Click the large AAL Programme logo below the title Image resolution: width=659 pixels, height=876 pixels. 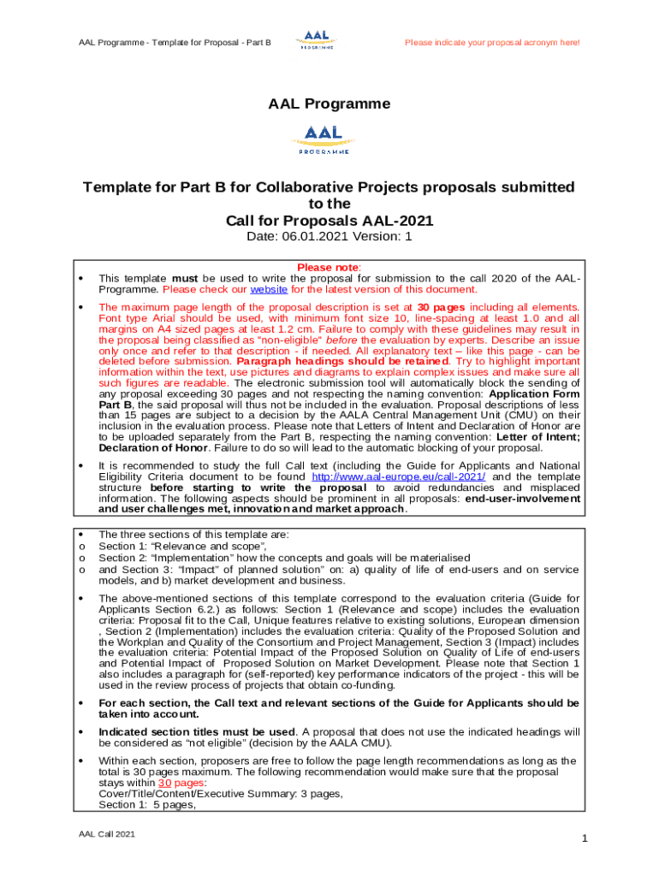(x=323, y=139)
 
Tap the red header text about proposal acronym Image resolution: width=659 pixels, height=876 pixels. (x=491, y=42)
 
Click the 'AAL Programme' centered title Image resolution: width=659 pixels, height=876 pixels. (x=329, y=104)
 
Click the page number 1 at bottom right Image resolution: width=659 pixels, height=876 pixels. (x=584, y=839)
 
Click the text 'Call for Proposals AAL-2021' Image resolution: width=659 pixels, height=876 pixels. (x=329, y=220)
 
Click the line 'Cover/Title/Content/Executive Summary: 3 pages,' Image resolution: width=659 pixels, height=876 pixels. (x=221, y=793)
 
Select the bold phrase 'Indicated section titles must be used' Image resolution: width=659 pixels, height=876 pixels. (x=196, y=731)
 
